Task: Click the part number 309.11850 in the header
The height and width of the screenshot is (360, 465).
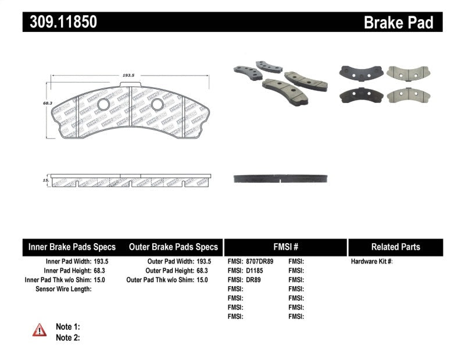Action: (x=60, y=23)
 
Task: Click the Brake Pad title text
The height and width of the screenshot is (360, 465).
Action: (x=398, y=23)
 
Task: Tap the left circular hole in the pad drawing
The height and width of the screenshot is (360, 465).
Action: (x=103, y=105)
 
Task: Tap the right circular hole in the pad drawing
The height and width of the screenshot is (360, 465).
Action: (x=156, y=104)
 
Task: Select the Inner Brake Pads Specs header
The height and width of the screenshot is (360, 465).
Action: (x=72, y=247)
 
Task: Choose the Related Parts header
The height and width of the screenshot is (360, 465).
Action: (x=395, y=247)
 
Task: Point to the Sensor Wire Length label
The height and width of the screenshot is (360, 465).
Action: (x=63, y=289)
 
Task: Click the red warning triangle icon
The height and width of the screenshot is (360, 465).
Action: (x=40, y=330)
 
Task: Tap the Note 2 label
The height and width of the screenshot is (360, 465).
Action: (x=67, y=337)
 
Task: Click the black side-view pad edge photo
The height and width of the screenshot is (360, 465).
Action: (x=282, y=178)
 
